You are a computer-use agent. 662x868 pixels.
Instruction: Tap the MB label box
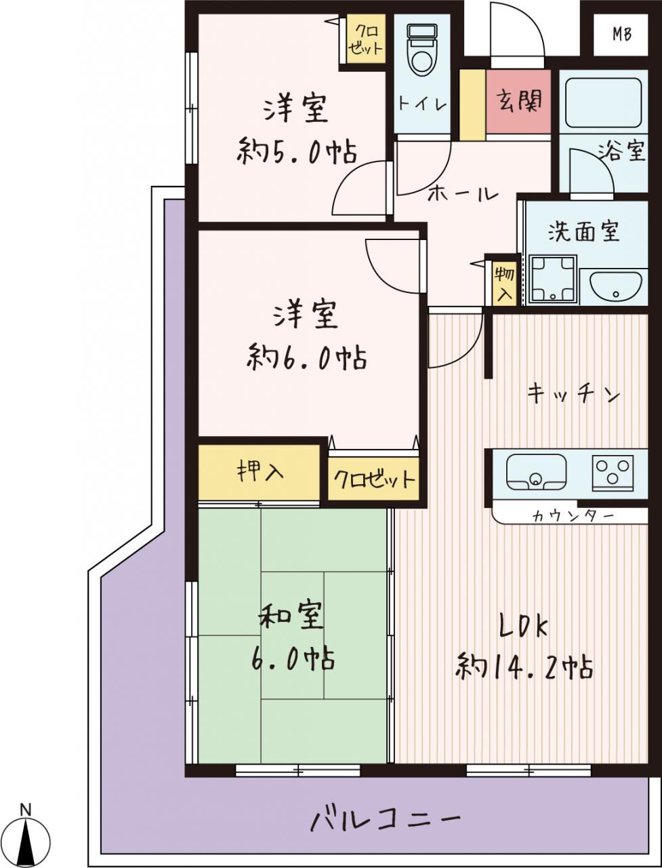(x=621, y=35)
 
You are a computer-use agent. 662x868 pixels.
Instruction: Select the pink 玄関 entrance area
(x=518, y=102)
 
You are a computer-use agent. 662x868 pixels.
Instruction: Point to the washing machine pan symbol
(x=553, y=279)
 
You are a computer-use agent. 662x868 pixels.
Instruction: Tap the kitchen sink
(x=537, y=471)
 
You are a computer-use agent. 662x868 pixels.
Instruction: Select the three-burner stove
(x=613, y=471)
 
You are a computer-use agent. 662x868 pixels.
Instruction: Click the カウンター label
(x=573, y=515)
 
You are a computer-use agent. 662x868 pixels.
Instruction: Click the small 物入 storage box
(x=504, y=283)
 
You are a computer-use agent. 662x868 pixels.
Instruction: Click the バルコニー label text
(x=385, y=816)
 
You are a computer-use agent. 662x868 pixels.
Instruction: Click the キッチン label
(x=574, y=394)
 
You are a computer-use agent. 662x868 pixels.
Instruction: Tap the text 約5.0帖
(x=297, y=151)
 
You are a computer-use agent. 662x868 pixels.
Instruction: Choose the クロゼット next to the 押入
(x=373, y=479)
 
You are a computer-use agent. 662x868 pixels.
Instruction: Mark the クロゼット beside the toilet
(x=366, y=39)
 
